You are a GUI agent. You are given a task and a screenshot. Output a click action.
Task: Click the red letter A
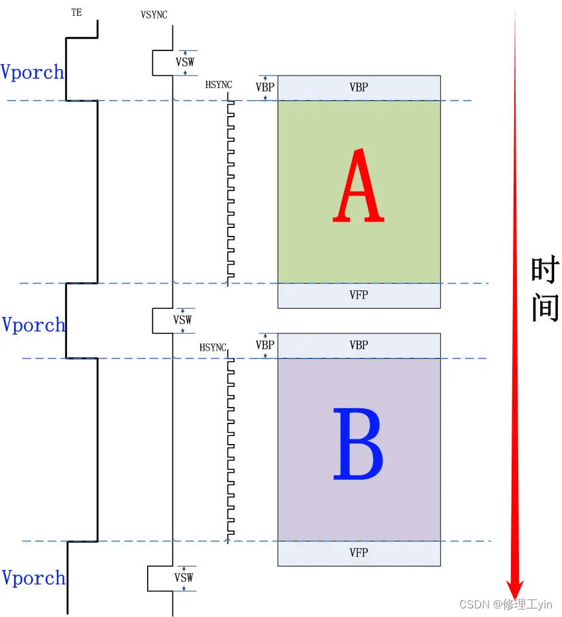(x=359, y=186)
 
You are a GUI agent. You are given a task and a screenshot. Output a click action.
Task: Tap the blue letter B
(x=358, y=444)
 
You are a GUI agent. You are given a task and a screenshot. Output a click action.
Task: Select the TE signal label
(x=77, y=13)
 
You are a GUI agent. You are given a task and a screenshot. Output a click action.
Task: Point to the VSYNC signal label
(x=154, y=14)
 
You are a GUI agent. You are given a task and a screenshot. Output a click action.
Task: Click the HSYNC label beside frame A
(x=219, y=84)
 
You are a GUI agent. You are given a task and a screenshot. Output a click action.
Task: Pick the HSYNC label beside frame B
(x=213, y=347)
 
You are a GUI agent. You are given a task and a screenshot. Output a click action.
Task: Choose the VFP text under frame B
(x=359, y=553)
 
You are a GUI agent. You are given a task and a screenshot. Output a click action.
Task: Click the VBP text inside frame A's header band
(x=359, y=87)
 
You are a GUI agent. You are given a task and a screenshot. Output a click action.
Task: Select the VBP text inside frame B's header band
(x=359, y=345)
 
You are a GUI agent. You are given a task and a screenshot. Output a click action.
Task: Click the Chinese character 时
(x=545, y=271)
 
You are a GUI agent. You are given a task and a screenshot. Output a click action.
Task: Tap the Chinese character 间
(x=545, y=308)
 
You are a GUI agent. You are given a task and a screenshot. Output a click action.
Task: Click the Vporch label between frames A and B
(x=33, y=325)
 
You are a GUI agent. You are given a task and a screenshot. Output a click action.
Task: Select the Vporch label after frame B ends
(x=33, y=578)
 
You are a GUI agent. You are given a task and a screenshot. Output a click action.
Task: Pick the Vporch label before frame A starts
(x=32, y=72)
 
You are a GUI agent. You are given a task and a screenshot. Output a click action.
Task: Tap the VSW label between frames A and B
(x=183, y=320)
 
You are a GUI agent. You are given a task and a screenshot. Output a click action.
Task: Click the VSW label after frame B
(x=184, y=577)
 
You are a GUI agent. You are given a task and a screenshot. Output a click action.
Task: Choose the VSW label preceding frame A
(x=185, y=62)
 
